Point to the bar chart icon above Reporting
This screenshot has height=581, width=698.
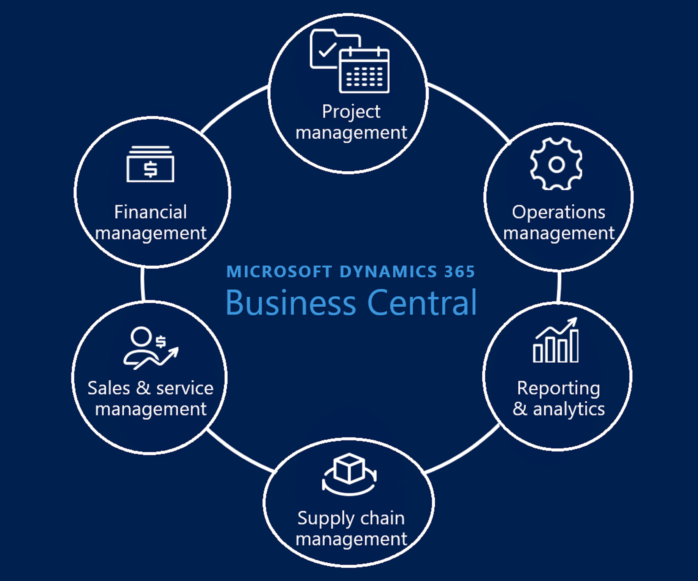[x=556, y=342]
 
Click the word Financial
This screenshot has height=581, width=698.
[x=150, y=212]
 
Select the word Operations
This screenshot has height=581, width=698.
[x=558, y=212]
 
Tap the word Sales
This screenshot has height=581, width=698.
[x=108, y=388]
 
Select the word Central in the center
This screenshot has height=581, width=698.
[x=422, y=303]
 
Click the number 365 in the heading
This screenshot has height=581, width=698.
[x=460, y=272]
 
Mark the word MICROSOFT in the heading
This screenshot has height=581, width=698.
[x=279, y=272]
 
